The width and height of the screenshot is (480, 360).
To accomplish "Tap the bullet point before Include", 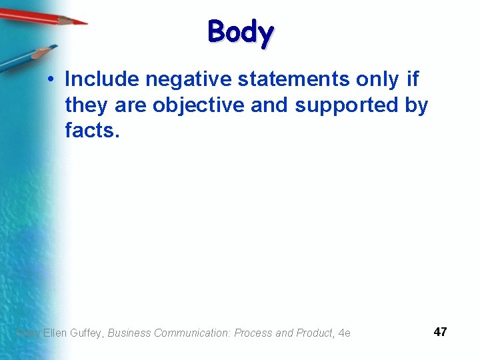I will point(51,80).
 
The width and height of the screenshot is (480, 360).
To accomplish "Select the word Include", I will point(102,79).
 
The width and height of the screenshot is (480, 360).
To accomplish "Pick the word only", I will point(377,79).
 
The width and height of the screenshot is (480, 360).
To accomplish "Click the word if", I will point(413,79).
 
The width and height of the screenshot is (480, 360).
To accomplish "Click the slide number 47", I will point(440,332).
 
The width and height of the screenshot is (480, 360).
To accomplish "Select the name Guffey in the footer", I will point(87,333).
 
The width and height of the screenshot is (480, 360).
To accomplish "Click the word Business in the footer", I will point(129,333).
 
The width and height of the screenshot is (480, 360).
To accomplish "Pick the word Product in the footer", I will point(313,333).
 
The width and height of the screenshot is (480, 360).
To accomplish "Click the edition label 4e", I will point(344,333).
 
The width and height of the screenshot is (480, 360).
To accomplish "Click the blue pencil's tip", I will point(55,47).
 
